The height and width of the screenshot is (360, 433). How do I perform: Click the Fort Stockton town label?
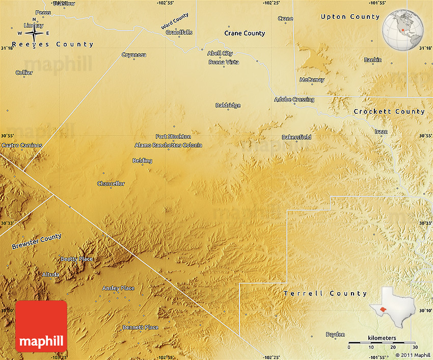point(173,137)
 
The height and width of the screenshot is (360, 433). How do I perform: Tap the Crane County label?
point(245,33)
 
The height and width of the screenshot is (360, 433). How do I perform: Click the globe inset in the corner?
point(402,30)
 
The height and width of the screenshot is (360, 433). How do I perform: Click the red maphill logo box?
point(41,326)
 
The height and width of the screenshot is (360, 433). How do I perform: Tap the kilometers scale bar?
point(382,343)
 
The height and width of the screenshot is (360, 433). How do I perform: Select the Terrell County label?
point(325,294)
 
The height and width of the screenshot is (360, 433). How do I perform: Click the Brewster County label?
point(36,241)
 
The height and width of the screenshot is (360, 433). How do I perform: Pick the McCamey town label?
point(312,80)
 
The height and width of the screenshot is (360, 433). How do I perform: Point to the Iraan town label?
point(381,132)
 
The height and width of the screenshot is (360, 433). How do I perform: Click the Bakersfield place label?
point(296,137)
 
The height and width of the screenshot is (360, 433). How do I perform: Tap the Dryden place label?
point(335,335)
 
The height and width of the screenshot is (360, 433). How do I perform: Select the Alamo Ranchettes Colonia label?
point(168,145)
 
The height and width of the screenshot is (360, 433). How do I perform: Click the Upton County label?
point(350,17)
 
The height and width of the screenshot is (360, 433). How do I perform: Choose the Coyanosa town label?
point(134,55)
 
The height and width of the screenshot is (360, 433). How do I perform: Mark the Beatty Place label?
point(77,259)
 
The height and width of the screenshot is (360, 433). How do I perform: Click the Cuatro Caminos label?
point(22,145)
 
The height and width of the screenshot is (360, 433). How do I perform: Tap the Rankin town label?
point(372,60)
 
